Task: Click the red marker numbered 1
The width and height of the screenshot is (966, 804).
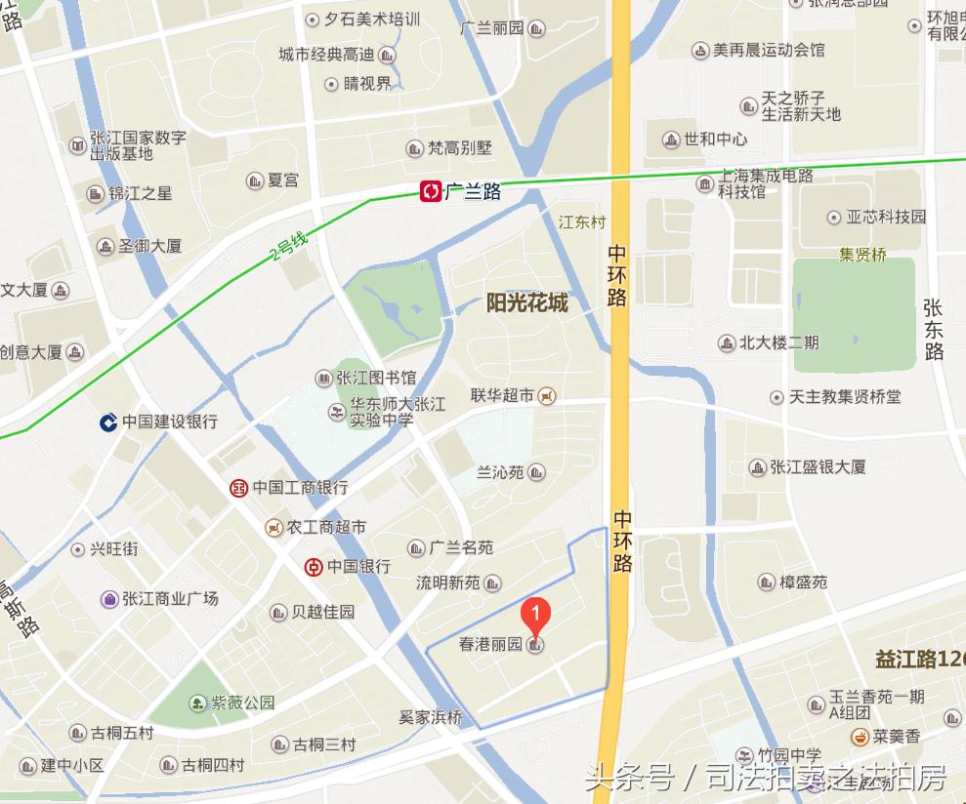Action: pyautogui.click(x=535, y=615)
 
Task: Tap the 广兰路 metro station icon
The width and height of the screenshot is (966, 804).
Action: pyautogui.click(x=431, y=191)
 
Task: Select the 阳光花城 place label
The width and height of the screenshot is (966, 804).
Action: pyautogui.click(x=526, y=302)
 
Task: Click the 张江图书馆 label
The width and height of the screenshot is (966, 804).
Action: pyautogui.click(x=376, y=378)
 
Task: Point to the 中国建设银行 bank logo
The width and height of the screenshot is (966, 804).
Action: pyautogui.click(x=108, y=422)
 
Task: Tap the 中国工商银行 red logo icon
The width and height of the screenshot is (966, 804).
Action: pyautogui.click(x=238, y=487)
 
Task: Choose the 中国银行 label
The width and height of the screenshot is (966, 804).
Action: pyautogui.click(x=358, y=566)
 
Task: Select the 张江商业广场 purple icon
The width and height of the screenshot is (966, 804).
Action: pyautogui.click(x=109, y=599)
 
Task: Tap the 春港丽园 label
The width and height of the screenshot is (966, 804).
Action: pyautogui.click(x=490, y=645)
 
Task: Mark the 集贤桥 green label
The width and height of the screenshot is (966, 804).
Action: pyautogui.click(x=862, y=256)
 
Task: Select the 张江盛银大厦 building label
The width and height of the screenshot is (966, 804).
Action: pyautogui.click(x=818, y=467)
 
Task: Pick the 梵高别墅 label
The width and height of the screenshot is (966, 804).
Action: pyautogui.click(x=459, y=148)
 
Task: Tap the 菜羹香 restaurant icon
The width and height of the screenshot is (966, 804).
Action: pyautogui.click(x=861, y=736)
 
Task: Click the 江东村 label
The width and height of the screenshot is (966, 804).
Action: pyautogui.click(x=582, y=222)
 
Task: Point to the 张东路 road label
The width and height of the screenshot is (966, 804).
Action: pyautogui.click(x=934, y=329)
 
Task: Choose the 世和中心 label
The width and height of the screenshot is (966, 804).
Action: pyautogui.click(x=716, y=140)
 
